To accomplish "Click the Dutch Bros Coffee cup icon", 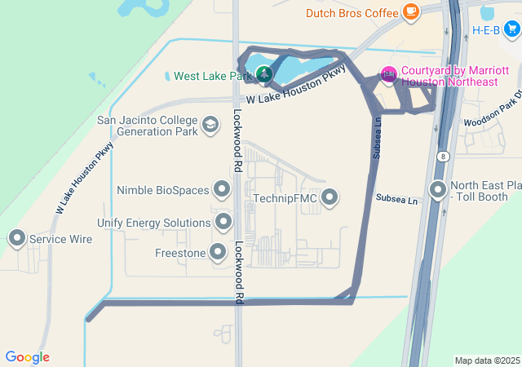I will (411, 12).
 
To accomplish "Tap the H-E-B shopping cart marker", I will (511, 30).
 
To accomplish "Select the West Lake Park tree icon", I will (264, 76).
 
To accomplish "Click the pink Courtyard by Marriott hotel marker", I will (388, 76).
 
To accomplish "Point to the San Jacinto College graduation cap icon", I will (210, 125).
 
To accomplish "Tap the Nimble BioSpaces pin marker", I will (222, 190).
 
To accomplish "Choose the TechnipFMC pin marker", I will (330, 197).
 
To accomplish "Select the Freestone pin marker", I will (218, 253).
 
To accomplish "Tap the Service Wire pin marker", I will (16, 239).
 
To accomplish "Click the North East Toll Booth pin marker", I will (438, 191).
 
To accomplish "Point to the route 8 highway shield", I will (442, 156).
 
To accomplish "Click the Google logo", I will (27, 357).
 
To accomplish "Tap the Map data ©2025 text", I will (487, 360).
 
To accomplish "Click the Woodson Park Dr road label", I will (491, 113).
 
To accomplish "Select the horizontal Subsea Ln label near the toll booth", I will (396, 198).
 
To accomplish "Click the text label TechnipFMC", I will (284, 197).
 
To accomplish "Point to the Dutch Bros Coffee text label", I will (352, 13).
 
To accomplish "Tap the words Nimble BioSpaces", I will (163, 191).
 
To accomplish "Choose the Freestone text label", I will (180, 254).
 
